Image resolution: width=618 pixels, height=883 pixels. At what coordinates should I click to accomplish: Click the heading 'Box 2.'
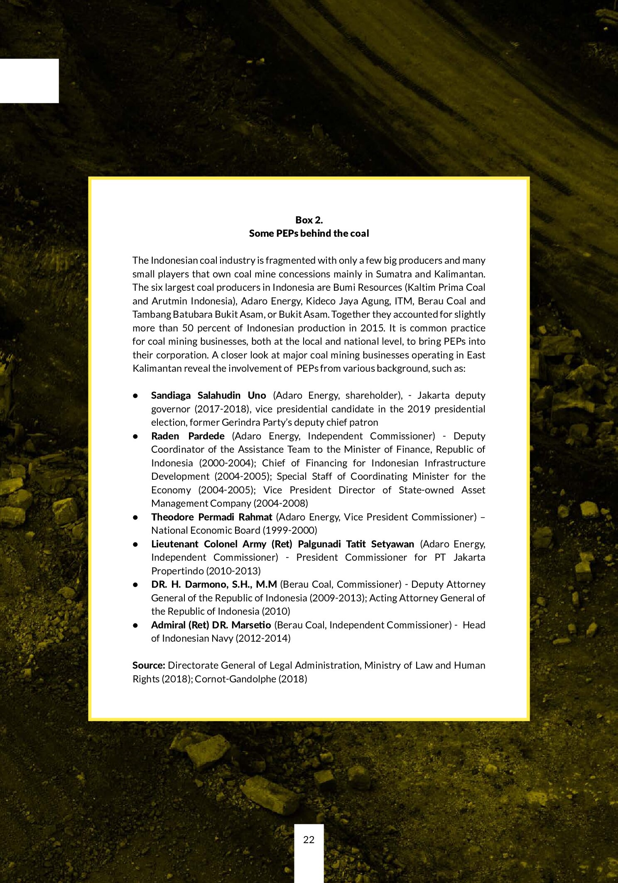309,220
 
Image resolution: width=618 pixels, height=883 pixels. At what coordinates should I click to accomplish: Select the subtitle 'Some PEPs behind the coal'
309,233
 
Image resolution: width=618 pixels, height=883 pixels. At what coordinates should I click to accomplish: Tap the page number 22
309,839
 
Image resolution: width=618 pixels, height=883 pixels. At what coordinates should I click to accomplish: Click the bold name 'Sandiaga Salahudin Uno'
208,395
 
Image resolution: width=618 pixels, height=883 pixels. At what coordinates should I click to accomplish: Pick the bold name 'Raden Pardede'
188,436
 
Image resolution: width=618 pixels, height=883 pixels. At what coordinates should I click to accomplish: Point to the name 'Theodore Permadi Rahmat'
211,517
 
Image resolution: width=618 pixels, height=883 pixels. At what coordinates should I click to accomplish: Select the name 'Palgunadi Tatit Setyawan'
356,544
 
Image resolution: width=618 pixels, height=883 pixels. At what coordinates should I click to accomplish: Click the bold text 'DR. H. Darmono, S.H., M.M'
214,584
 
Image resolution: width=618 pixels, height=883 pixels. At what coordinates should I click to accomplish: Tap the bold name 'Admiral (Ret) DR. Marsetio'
211,625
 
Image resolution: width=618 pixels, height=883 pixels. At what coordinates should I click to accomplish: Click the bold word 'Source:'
149,665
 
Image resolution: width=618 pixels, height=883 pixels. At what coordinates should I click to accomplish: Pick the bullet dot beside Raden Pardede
135,436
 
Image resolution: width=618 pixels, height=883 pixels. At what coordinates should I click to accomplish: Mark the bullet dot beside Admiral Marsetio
135,625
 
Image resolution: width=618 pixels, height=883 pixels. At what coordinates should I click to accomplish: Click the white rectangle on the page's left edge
29,81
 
